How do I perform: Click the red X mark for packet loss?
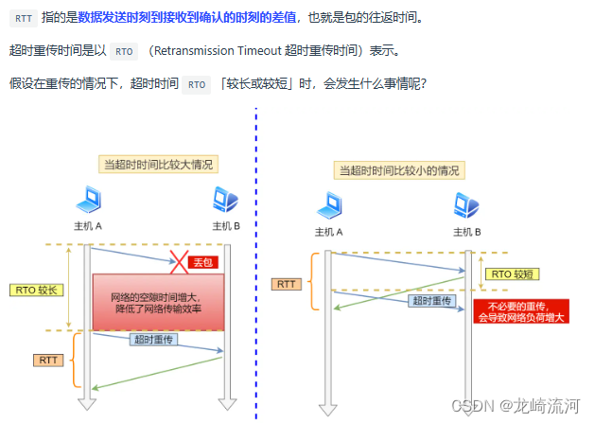(x=180, y=259)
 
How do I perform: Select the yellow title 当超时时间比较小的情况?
(x=400, y=170)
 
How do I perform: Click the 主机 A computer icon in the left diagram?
(x=88, y=201)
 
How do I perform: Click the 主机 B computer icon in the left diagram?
(x=225, y=201)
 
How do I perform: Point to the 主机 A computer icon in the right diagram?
(x=328, y=205)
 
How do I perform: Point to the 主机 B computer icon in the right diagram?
(x=466, y=205)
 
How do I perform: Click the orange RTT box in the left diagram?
(x=47, y=360)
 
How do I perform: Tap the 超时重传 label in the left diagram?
(x=154, y=339)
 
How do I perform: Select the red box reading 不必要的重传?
(x=521, y=312)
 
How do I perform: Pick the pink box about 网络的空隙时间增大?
(x=158, y=302)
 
